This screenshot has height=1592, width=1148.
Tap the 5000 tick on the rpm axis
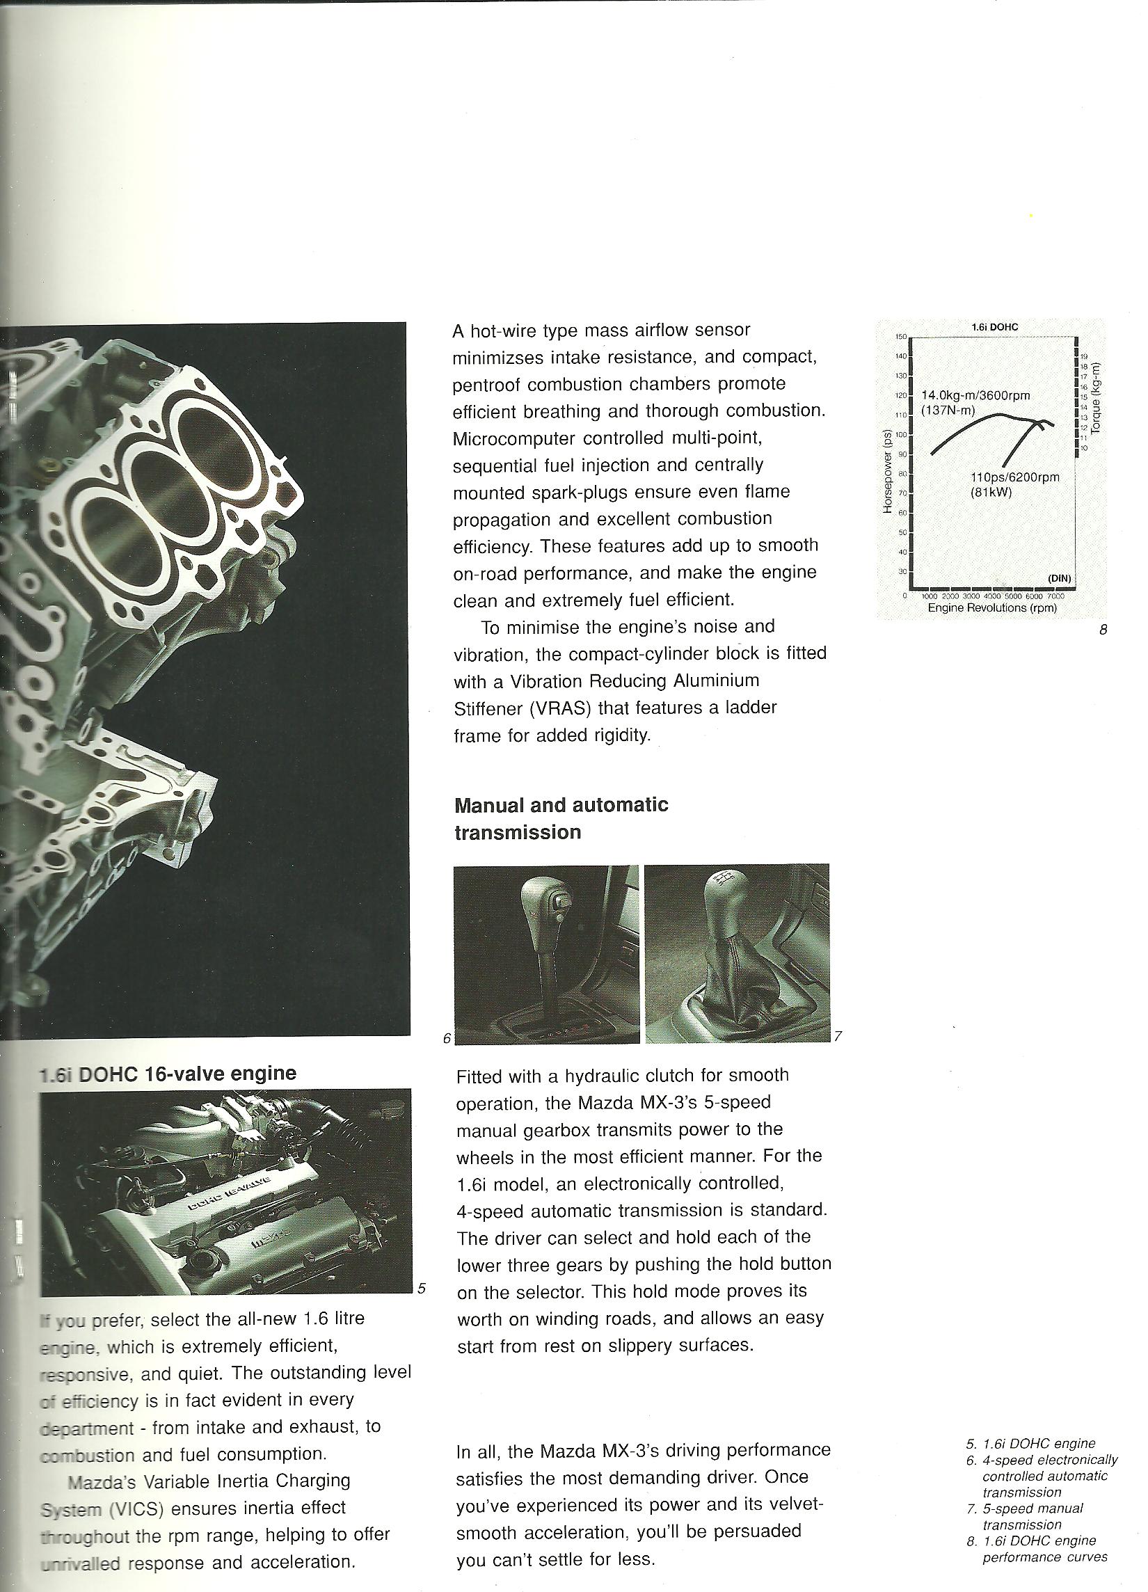1014,596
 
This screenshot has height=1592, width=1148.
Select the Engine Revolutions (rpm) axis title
992,607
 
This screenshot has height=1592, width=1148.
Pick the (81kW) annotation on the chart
989,492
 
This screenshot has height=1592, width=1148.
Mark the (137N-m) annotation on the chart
948,410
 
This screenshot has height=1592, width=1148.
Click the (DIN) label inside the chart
1060,577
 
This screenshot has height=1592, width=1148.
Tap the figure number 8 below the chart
1102,630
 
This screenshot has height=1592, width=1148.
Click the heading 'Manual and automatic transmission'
561,818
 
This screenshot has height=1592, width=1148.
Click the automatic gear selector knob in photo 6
545,905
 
